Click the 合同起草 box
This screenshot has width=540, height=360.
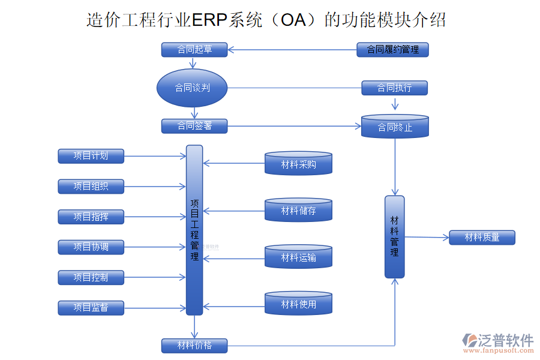point(194,50)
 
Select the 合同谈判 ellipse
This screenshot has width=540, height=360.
point(192,88)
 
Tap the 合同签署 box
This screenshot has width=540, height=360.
point(194,126)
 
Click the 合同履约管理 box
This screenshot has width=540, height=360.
point(392,50)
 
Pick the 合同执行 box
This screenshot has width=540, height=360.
point(394,88)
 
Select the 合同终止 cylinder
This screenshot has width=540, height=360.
point(395,127)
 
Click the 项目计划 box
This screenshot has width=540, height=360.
point(91,156)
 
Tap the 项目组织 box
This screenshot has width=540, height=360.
point(91,187)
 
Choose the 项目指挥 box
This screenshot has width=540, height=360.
point(91,217)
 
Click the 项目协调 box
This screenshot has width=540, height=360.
point(91,247)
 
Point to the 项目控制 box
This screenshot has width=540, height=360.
point(91,277)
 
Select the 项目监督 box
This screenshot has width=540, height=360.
point(91,308)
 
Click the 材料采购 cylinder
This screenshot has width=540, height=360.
point(298,164)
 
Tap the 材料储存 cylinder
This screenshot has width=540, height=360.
point(298,211)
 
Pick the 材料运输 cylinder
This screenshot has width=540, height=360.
point(298,257)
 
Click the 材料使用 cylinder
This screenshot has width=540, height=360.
point(298,304)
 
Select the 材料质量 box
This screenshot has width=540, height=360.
point(482,238)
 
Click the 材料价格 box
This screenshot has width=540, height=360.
point(194,346)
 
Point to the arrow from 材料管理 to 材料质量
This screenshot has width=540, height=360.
point(427,237)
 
